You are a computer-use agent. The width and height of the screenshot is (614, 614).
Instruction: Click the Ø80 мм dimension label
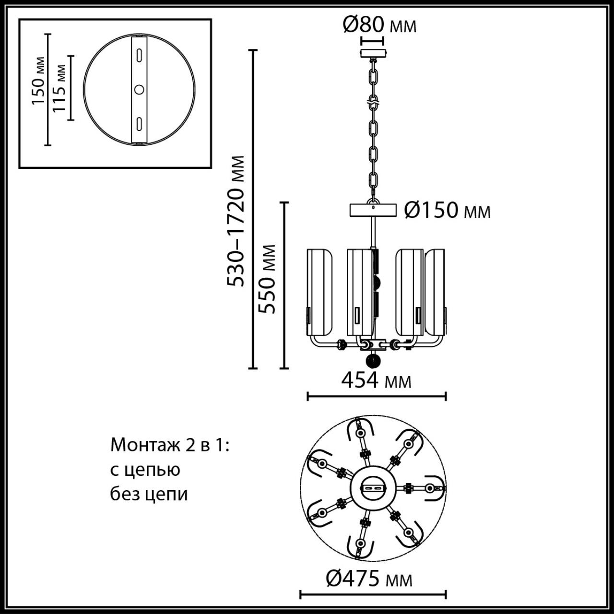coord(379,25)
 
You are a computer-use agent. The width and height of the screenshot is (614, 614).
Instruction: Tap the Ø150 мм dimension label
coord(447,210)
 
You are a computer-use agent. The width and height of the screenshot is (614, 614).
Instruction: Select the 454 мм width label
coord(376,381)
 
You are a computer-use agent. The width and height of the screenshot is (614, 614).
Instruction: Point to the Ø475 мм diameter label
coord(369,579)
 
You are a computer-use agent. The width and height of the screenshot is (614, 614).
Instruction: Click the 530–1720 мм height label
coord(236,221)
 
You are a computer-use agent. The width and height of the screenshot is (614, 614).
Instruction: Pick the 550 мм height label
coord(267,279)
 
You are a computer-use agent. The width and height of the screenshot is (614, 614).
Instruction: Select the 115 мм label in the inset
coord(60,88)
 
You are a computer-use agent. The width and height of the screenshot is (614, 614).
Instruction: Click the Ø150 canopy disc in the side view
coord(373,210)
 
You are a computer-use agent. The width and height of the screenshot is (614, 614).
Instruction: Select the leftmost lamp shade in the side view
coord(319,292)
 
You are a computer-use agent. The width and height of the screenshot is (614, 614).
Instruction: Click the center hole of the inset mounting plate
coord(139,90)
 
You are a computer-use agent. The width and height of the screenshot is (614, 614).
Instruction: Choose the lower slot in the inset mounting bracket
coord(139,124)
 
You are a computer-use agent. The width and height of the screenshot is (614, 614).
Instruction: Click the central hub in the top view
coord(373,488)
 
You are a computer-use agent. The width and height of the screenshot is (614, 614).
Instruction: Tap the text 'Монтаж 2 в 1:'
coord(170,445)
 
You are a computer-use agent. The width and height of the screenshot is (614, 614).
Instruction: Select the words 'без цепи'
coord(149,494)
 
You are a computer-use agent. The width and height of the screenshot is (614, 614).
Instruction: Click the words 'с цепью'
coord(145,470)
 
